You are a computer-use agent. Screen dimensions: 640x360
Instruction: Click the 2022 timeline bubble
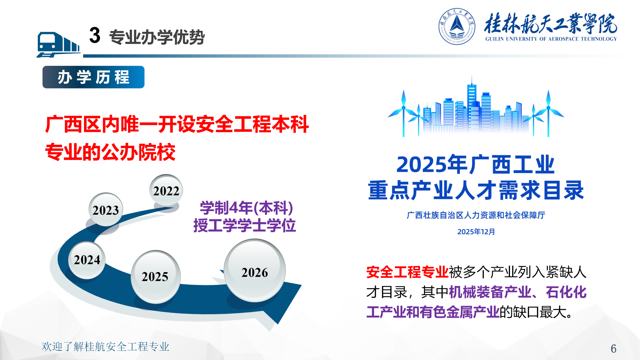166,190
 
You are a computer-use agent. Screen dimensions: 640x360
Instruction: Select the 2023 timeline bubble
106,209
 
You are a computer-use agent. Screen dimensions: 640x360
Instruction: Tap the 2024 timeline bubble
87,260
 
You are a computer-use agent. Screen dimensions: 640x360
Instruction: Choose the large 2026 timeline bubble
255,271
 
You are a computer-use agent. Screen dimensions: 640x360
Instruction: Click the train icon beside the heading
58,44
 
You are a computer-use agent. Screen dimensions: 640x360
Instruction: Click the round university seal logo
457,26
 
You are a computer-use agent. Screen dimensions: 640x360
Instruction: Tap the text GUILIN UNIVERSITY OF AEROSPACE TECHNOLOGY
551,39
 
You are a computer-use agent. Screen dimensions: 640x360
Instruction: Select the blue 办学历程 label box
93,77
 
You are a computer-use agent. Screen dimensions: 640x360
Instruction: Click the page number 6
613,348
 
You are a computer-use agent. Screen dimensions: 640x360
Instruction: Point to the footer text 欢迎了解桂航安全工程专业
105,347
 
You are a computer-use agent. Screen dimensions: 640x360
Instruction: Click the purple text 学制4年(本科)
246,208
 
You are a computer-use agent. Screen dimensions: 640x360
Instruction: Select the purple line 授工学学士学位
244,226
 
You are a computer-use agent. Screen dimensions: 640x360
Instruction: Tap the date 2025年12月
476,232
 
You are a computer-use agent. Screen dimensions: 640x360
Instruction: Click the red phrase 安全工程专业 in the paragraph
407,272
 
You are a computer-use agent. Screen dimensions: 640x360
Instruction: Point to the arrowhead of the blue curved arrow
281,300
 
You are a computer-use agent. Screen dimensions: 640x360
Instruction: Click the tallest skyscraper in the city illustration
472,103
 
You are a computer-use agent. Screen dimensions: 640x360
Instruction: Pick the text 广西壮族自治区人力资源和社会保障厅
476,215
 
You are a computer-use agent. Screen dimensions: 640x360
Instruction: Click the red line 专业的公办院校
110,152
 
